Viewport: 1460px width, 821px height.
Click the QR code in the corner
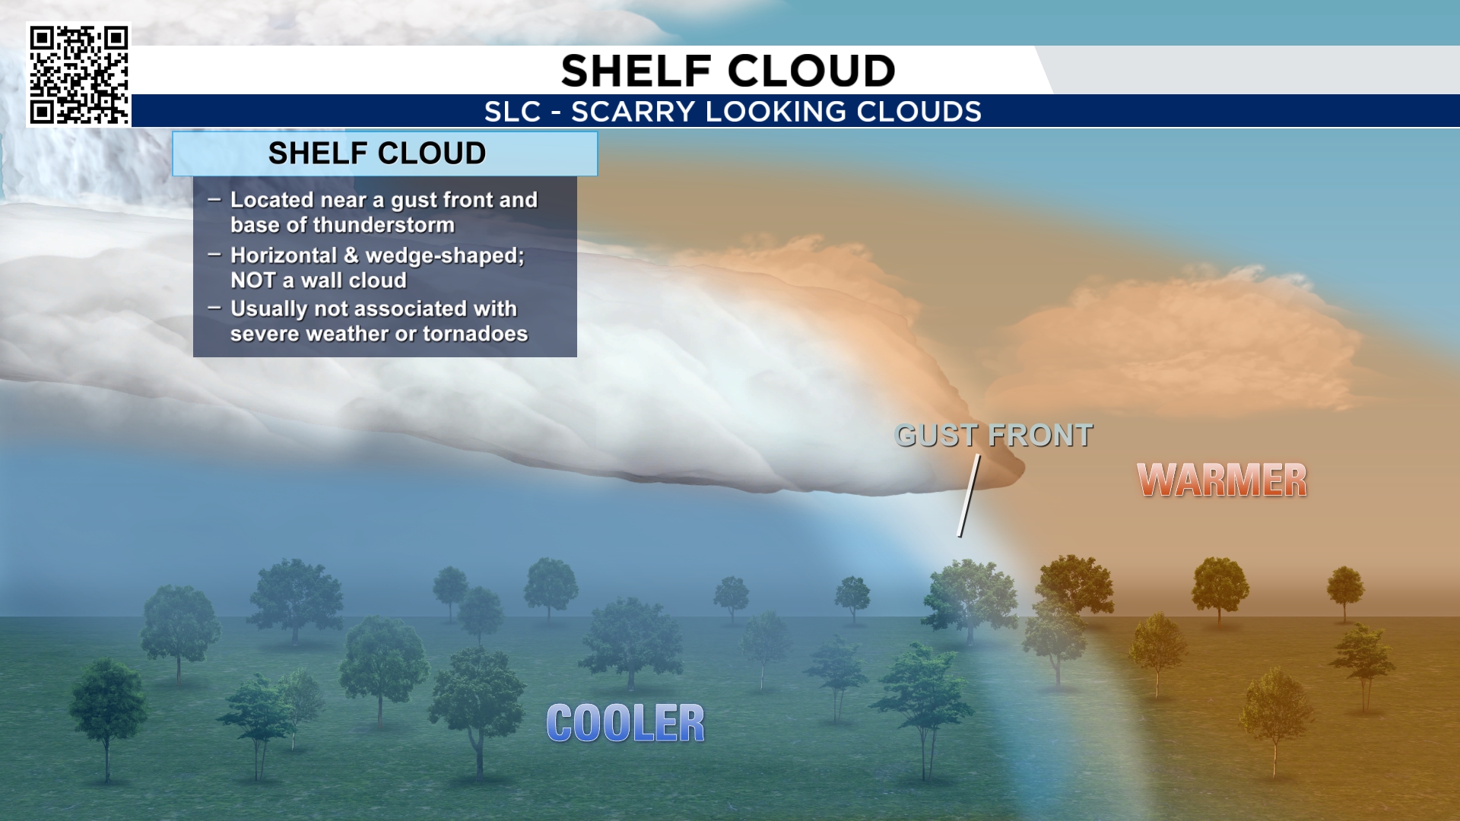(79, 74)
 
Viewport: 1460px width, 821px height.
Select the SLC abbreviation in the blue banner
(513, 112)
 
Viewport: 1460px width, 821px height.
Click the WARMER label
(1222, 480)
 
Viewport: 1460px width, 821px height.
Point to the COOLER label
(626, 723)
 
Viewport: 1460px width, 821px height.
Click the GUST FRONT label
(994, 436)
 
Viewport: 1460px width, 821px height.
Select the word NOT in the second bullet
(252, 281)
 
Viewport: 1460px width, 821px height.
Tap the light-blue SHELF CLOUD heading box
(385, 154)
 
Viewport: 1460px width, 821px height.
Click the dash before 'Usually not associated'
(214, 308)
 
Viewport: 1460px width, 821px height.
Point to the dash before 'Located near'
(214, 199)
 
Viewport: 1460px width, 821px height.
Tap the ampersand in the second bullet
(351, 255)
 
